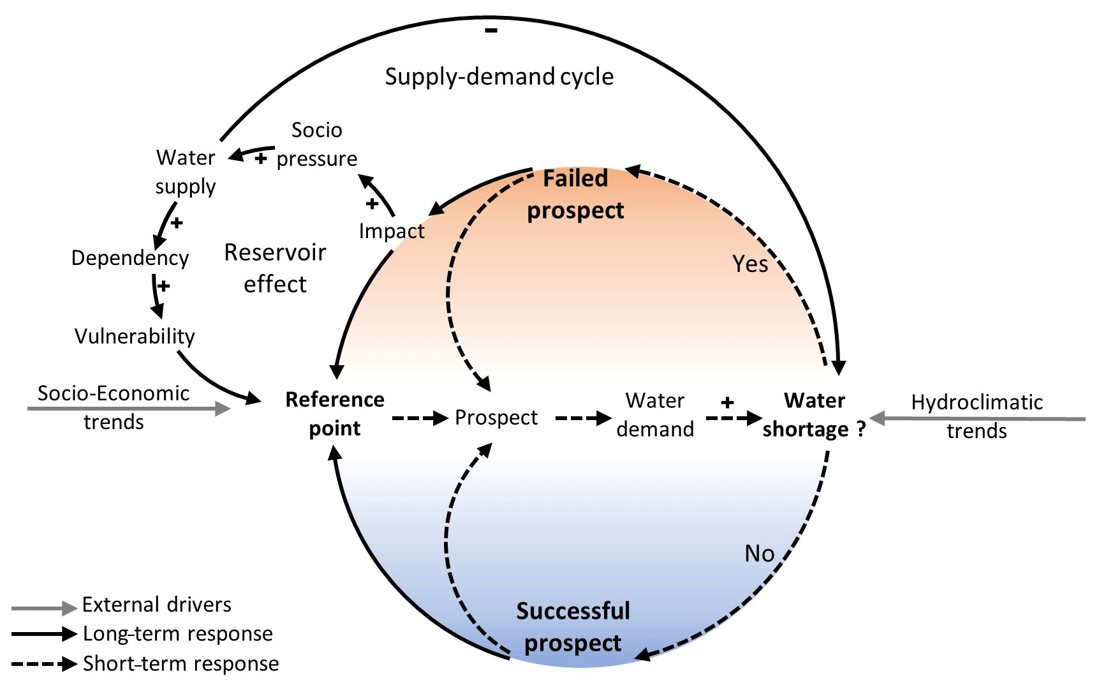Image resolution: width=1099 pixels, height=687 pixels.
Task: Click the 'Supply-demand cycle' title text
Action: click(499, 77)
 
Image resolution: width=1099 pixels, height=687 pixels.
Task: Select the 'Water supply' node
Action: click(186, 172)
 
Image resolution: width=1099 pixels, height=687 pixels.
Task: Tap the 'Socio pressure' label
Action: click(317, 144)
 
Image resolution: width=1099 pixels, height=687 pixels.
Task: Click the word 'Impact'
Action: click(392, 231)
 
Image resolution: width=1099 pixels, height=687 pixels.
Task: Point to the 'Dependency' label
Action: click(130, 258)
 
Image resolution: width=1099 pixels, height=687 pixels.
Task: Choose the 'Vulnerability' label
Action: click(135, 336)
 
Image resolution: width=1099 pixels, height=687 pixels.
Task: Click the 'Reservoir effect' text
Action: click(275, 268)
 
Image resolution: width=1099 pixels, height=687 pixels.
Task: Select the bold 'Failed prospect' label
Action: click(575, 194)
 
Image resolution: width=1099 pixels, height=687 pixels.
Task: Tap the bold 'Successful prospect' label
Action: click(573, 627)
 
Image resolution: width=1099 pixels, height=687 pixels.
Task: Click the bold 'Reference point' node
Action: click(335, 414)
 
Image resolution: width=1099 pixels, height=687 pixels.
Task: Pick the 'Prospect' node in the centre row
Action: click(496, 418)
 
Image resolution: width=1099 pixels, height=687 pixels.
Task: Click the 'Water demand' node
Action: click(655, 415)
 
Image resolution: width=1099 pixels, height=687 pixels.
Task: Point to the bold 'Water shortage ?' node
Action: click(815, 415)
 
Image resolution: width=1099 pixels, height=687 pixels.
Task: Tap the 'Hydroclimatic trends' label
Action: click(977, 416)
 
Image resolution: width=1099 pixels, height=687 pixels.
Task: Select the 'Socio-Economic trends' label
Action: click(114, 407)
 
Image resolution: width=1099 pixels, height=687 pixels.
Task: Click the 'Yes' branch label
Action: click(750, 264)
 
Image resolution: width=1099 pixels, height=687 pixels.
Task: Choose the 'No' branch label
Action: click(760, 554)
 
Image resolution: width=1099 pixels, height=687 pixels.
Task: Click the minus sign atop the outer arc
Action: click(490, 30)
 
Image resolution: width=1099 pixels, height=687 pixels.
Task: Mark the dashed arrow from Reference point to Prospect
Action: click(420, 418)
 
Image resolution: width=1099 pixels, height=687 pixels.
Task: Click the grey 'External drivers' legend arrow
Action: click(44, 608)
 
